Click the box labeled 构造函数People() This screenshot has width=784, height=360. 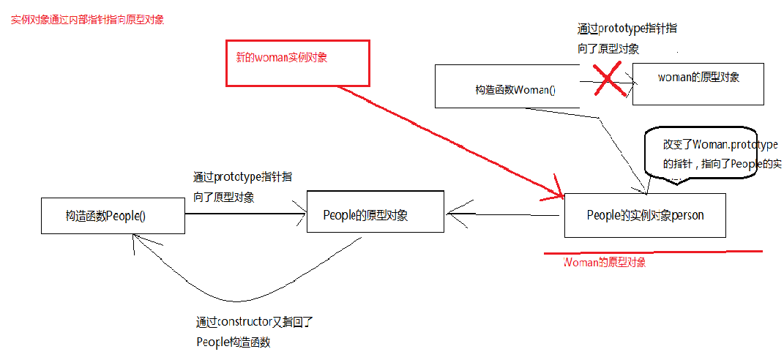pos(113,216)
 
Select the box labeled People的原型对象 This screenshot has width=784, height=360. pos(375,211)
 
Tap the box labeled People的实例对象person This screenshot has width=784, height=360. pos(645,215)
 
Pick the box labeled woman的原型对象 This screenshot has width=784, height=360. pos(698,83)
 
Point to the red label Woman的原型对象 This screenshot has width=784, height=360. pos(605,263)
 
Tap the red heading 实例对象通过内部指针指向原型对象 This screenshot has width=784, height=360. pos(88,20)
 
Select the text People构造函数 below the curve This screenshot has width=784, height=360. pos(233,341)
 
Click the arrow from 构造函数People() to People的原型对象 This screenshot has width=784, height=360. pos(245,214)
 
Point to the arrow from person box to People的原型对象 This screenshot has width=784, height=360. pos(505,214)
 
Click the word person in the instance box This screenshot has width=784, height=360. pos(687,215)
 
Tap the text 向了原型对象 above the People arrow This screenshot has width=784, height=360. pos(224,197)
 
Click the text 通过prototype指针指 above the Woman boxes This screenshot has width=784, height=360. pos(627,29)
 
